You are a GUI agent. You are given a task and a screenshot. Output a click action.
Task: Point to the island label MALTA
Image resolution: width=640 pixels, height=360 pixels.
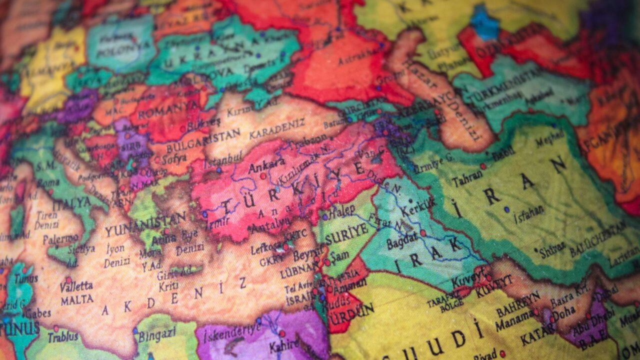click(77, 300)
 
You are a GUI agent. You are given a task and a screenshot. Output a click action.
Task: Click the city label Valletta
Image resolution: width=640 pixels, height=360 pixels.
click(76, 286)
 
